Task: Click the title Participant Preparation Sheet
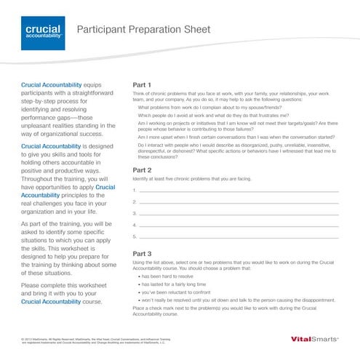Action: [x=143, y=29]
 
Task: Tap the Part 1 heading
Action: [x=142, y=85]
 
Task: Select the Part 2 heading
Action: [x=142, y=169]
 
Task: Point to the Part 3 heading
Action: [x=142, y=253]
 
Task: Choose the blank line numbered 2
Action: [x=239, y=201]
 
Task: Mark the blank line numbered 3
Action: [x=239, y=213]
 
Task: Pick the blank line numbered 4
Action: [x=239, y=225]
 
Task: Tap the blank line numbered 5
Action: [x=239, y=236]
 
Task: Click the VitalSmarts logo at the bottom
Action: [x=313, y=339]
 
